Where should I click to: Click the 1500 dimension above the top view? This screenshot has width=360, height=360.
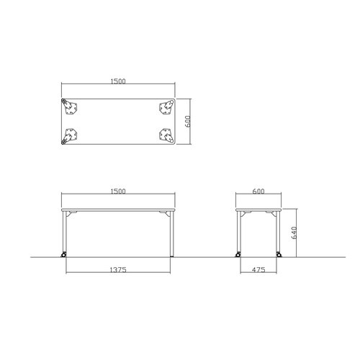118,81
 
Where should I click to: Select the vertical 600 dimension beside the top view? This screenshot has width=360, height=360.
188,122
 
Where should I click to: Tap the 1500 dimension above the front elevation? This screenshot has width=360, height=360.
118,192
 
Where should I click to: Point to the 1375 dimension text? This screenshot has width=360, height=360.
118,270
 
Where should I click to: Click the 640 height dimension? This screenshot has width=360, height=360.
294,233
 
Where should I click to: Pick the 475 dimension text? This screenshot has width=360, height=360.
258,270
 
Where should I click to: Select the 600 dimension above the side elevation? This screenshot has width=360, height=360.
258,192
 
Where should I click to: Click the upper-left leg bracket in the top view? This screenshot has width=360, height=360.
69,107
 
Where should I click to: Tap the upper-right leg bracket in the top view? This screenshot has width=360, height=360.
166,107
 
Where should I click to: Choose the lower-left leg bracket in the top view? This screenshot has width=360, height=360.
69,136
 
